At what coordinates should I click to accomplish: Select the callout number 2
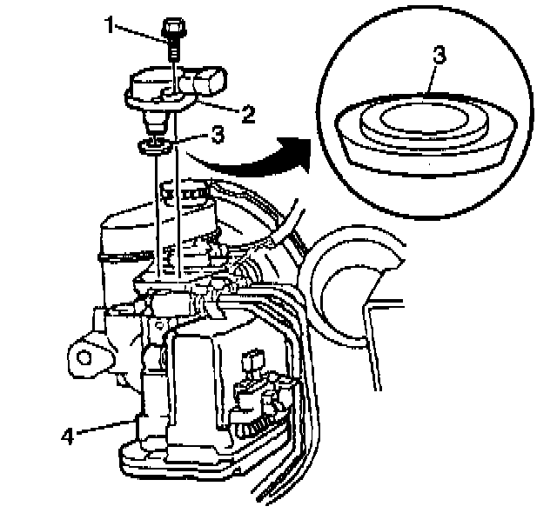(248, 112)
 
